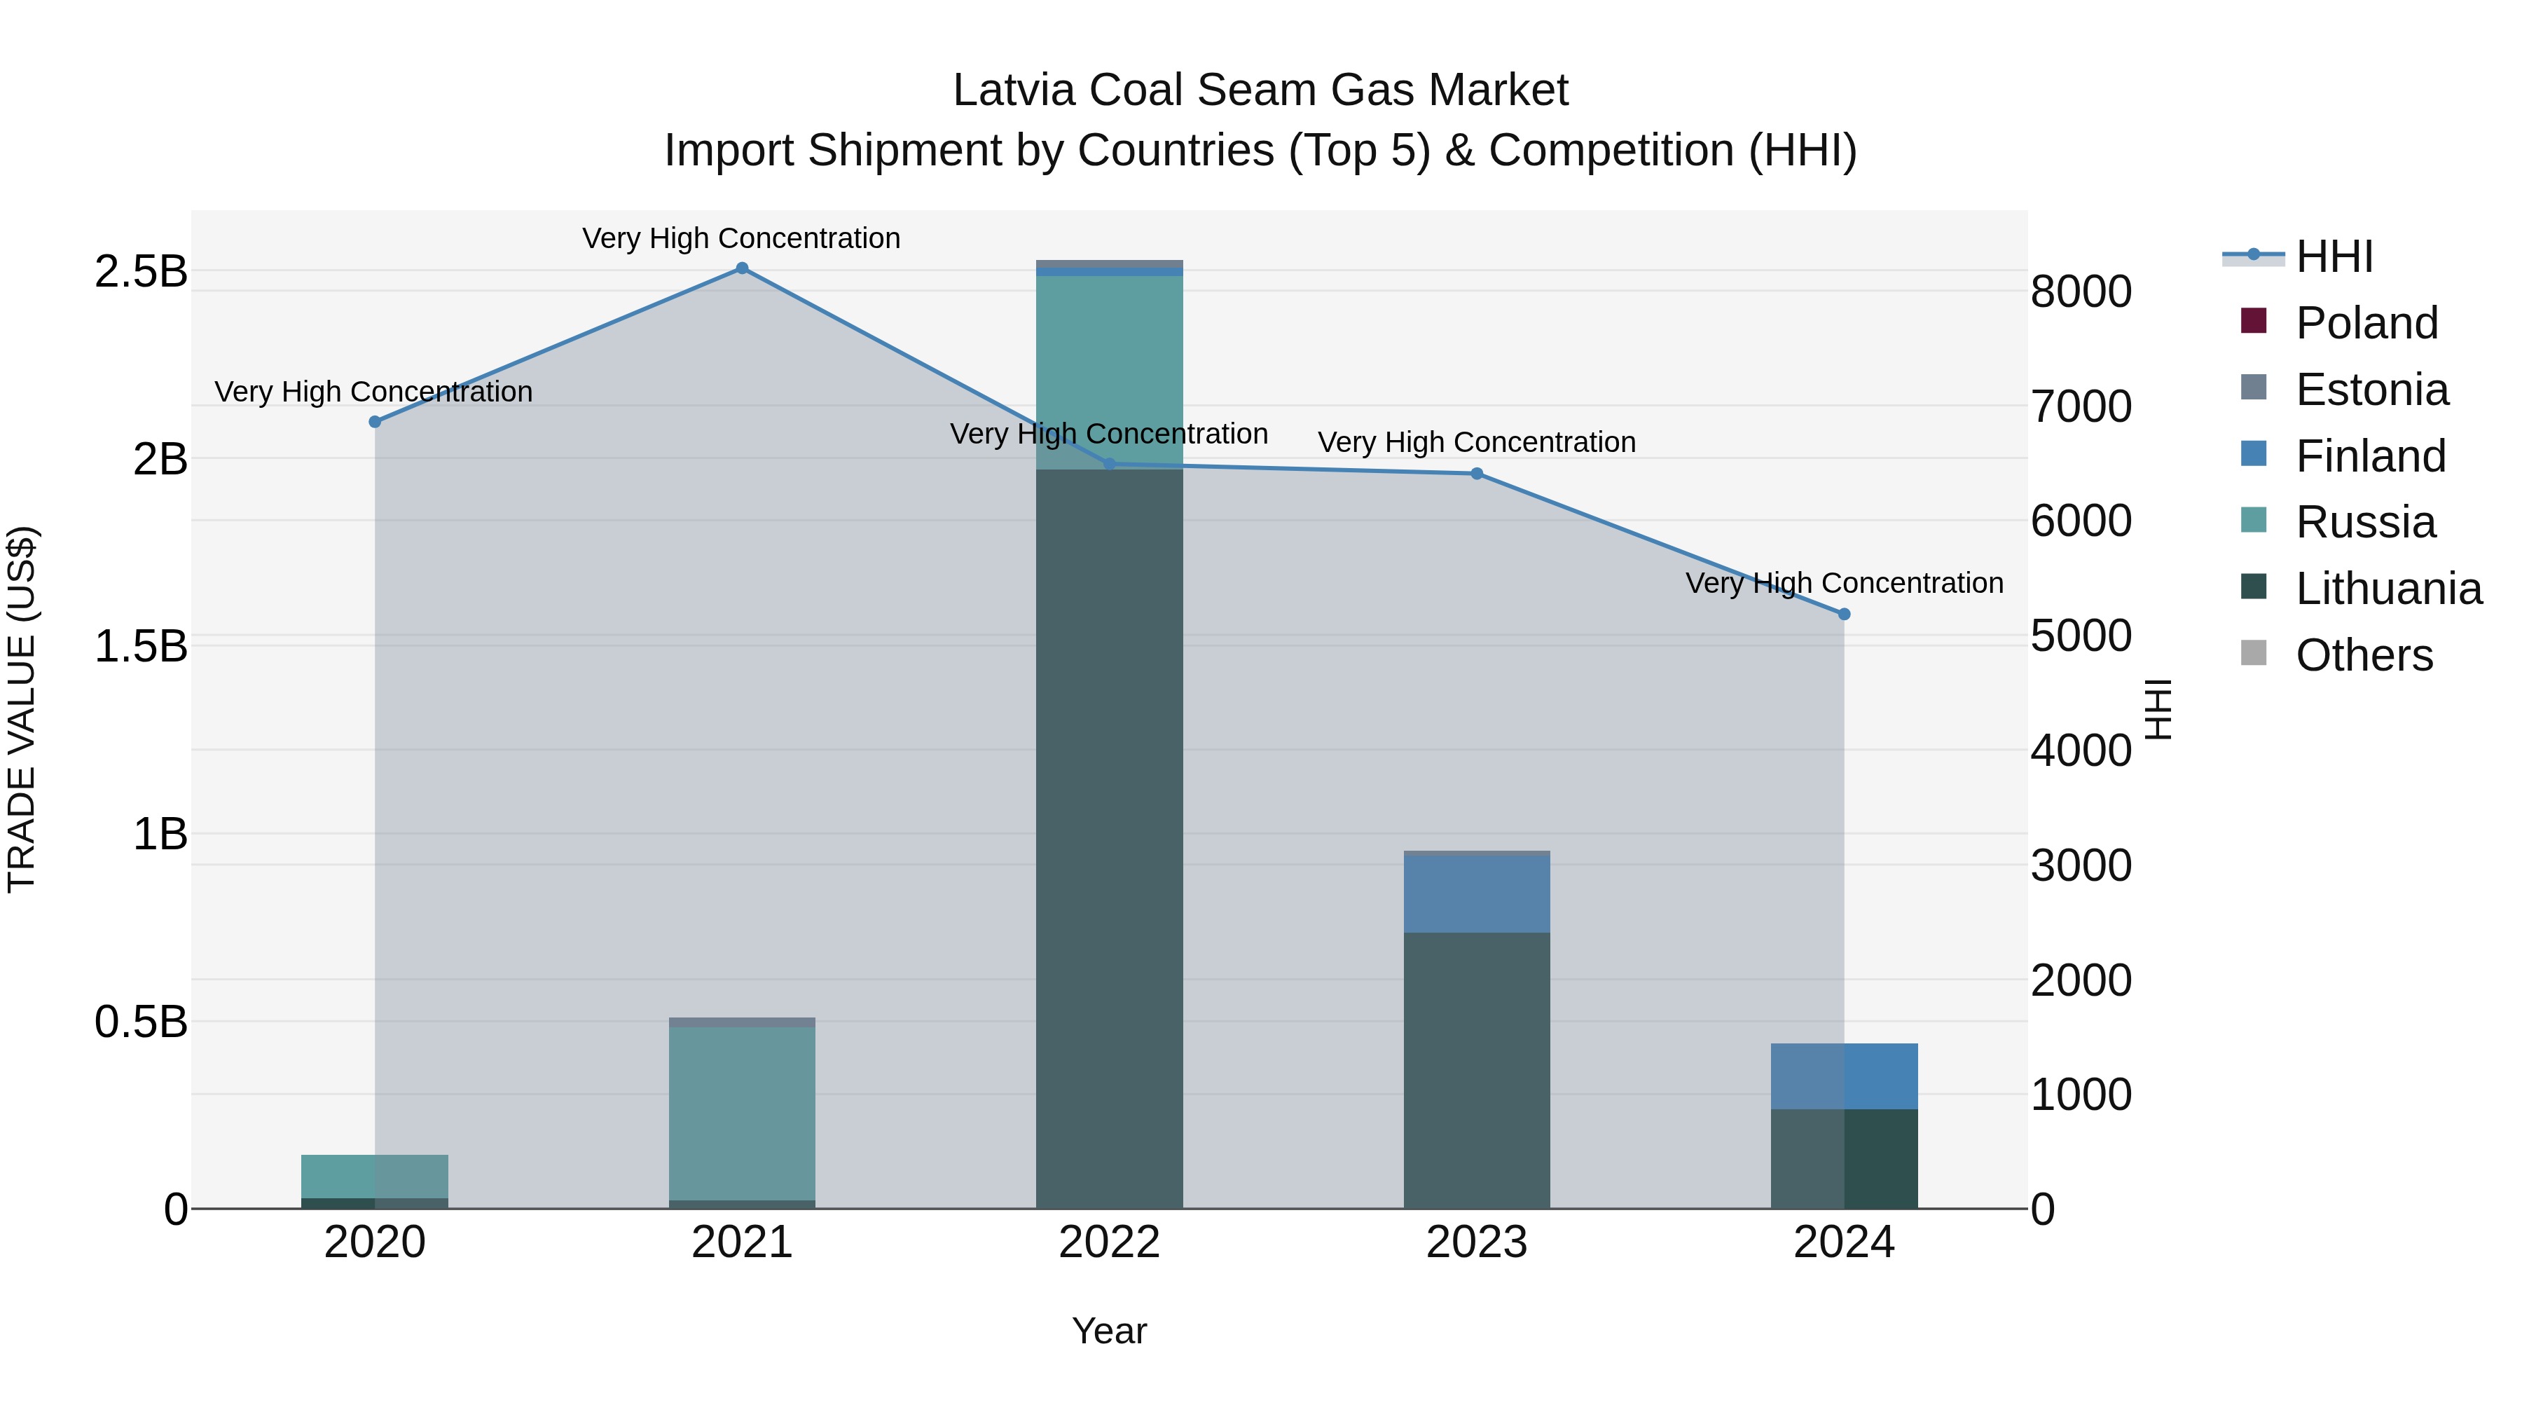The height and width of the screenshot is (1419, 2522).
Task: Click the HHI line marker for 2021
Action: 741,268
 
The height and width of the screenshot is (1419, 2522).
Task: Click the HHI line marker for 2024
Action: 1844,614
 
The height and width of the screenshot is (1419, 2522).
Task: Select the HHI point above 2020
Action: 374,421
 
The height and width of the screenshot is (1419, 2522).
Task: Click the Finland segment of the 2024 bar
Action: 1844,1076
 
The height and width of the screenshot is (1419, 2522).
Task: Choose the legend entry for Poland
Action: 2366,323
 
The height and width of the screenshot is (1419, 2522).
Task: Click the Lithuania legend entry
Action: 2388,589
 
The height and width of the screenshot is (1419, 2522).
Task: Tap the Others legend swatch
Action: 2253,653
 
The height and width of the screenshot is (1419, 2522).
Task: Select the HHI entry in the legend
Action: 2334,256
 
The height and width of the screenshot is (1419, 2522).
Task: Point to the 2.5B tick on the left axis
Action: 140,271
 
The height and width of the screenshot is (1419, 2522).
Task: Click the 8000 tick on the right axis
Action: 2081,292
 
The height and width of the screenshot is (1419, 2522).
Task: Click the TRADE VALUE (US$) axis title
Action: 22,709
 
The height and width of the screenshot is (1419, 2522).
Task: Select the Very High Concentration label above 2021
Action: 741,238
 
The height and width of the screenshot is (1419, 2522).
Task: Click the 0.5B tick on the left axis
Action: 140,1022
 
